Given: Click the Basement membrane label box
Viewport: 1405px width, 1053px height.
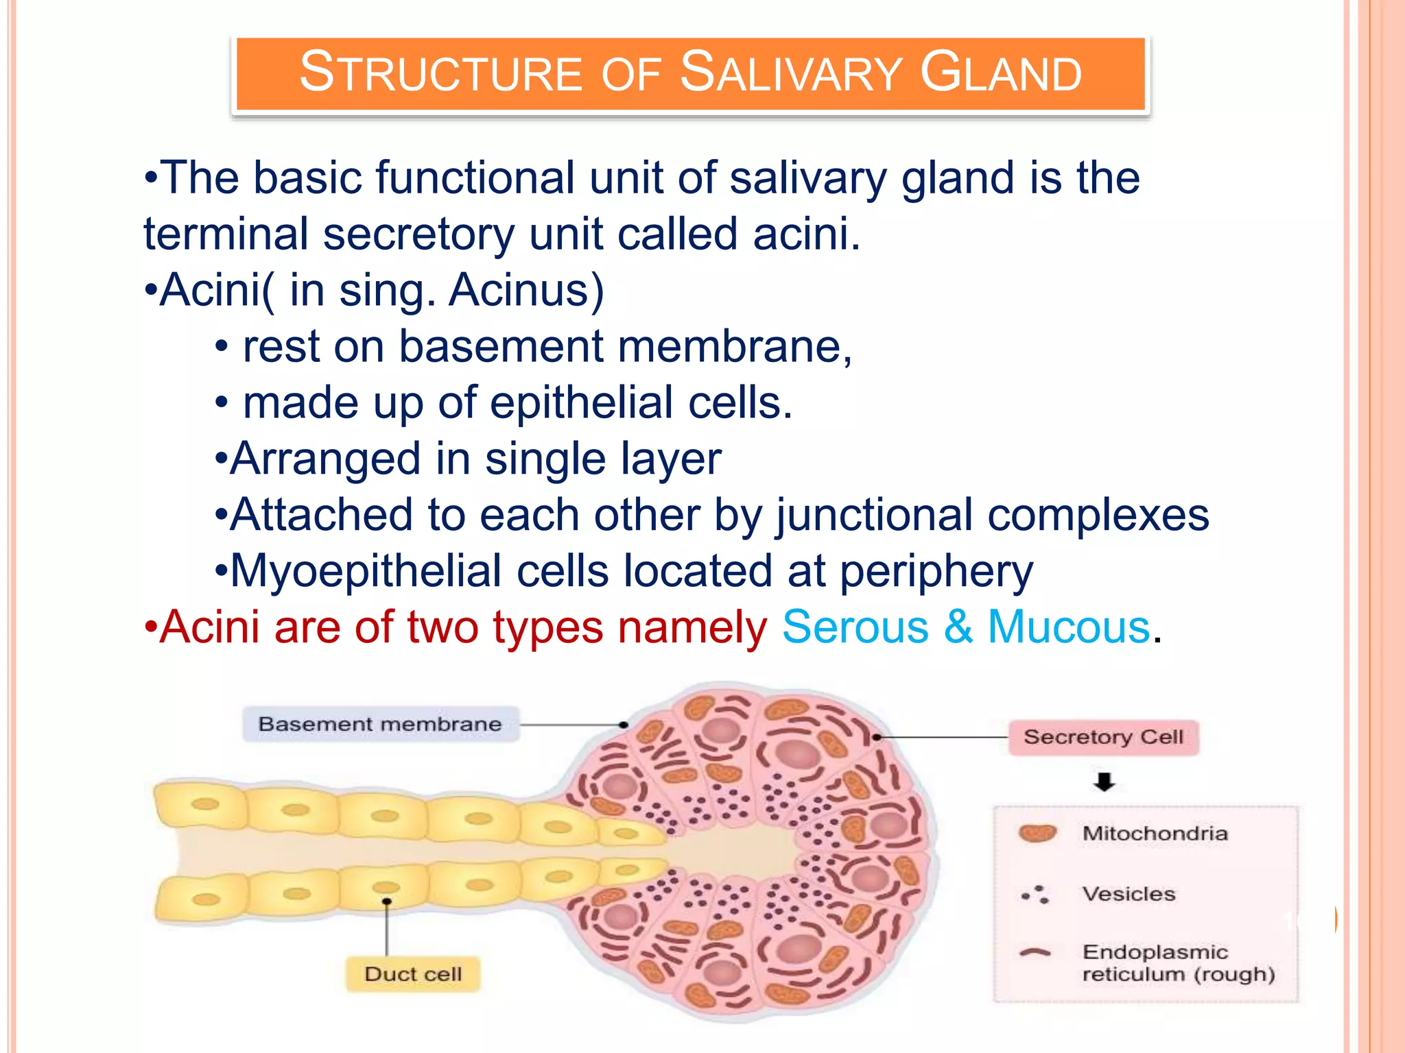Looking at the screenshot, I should [x=380, y=724].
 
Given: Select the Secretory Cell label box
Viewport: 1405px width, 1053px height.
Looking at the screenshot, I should [x=1102, y=737].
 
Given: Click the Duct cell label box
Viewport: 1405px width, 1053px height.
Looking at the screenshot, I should [x=412, y=973].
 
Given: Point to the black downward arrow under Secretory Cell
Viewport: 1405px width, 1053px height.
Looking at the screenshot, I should [x=1104, y=782].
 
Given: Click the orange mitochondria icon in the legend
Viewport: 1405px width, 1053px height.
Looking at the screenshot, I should [x=1037, y=833].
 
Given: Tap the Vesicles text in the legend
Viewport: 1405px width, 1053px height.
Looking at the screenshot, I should [x=1129, y=894].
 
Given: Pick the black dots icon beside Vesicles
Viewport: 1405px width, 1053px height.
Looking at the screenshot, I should [x=1037, y=894].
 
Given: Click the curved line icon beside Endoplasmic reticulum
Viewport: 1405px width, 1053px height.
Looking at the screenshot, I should [x=1035, y=952].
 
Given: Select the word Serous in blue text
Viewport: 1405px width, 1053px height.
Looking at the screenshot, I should [x=855, y=627].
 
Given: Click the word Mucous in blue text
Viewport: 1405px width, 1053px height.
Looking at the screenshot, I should [x=1068, y=627].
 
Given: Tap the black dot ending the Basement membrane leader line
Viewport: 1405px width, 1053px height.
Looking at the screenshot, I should [x=623, y=725].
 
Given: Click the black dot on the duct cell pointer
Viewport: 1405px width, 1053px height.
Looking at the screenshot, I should [x=387, y=901].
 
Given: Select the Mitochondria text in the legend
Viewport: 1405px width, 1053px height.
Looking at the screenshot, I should [x=1155, y=834].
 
